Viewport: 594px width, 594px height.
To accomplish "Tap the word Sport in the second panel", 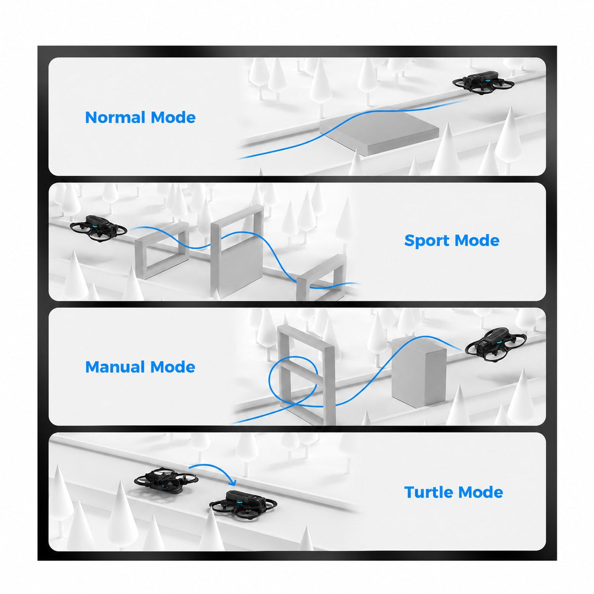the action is click(427, 241).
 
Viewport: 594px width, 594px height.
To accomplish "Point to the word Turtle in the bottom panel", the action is click(429, 492).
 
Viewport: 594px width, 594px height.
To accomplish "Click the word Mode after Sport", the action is click(477, 241).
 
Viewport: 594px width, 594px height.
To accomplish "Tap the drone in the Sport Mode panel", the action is click(99, 228).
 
